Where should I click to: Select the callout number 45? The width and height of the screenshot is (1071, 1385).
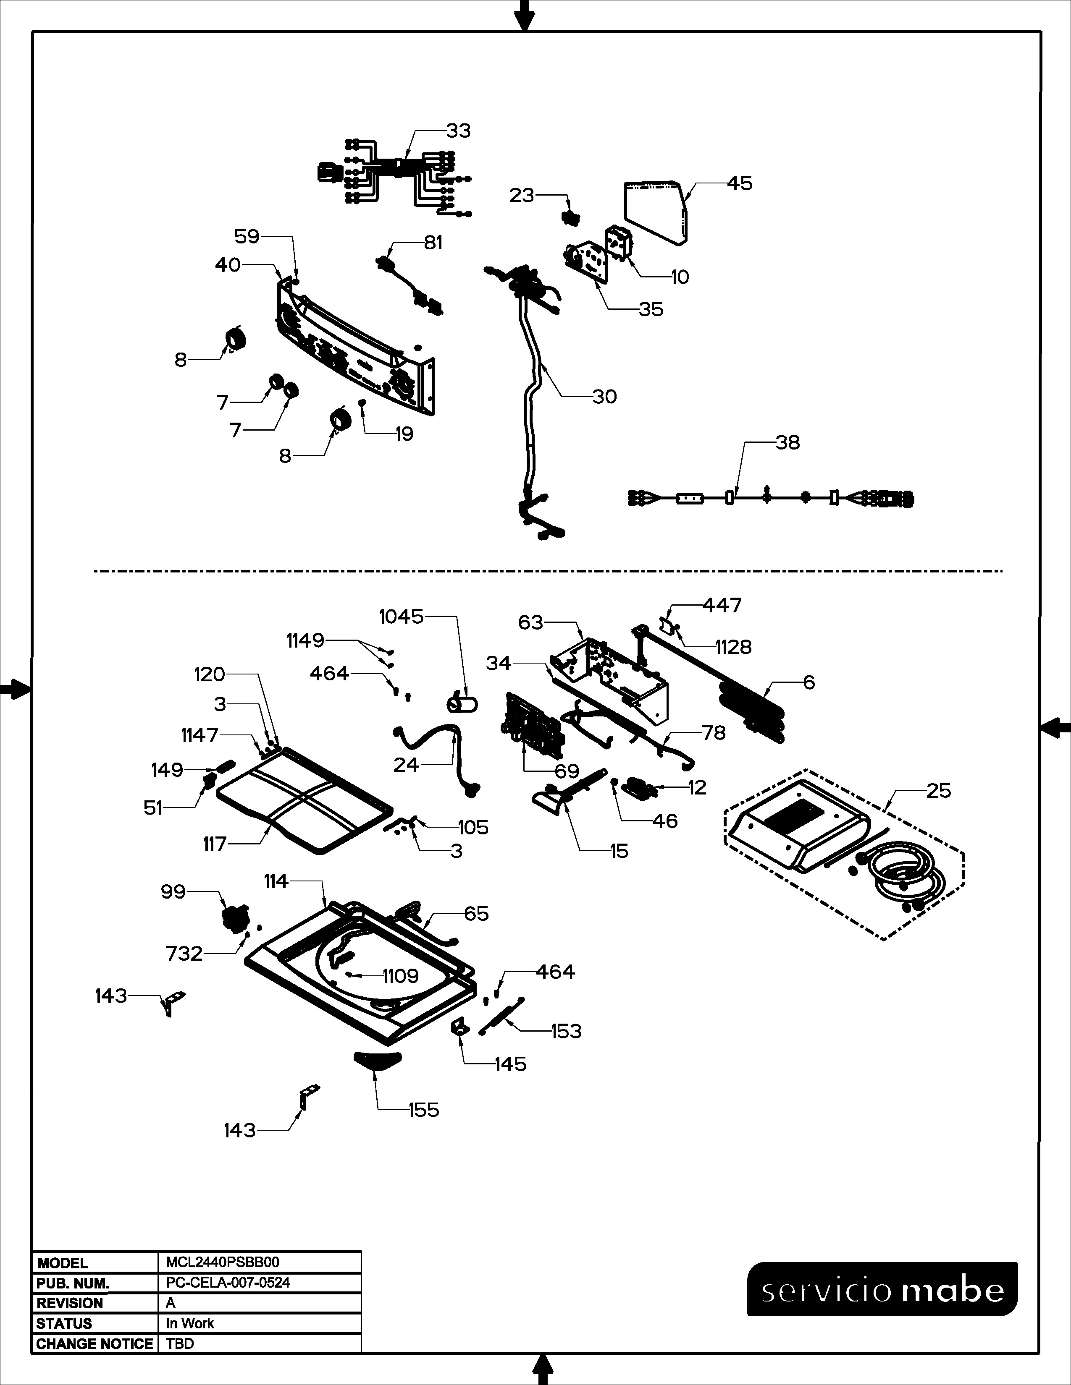(x=739, y=183)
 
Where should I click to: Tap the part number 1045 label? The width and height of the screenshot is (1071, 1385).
(x=401, y=617)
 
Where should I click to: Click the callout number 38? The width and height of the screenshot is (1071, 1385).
(x=787, y=443)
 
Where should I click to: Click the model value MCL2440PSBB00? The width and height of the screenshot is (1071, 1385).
(x=222, y=1262)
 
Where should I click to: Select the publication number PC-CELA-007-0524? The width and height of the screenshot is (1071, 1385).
(x=228, y=1283)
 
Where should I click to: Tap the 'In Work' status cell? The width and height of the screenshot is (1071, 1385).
(x=190, y=1323)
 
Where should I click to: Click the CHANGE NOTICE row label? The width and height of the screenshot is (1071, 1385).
(x=94, y=1344)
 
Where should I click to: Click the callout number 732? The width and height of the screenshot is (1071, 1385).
(x=184, y=954)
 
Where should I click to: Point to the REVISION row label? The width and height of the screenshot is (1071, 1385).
(x=69, y=1303)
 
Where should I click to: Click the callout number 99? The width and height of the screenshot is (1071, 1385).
(x=173, y=892)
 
